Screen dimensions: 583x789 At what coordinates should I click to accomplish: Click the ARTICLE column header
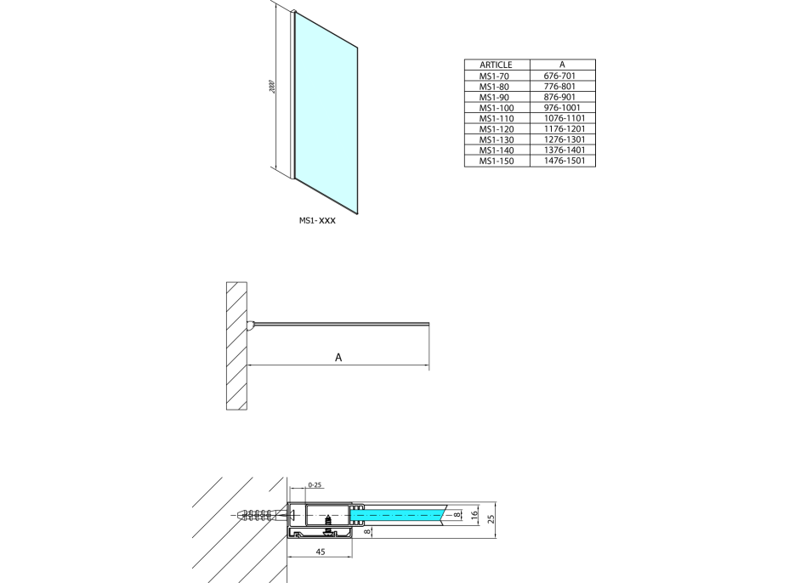[496, 65]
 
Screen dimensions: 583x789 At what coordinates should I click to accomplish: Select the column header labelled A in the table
[562, 65]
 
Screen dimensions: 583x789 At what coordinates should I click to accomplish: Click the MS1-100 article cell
[496, 108]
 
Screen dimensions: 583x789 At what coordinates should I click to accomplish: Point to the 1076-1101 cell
[562, 118]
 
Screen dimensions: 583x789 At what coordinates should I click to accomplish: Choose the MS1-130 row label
[496, 139]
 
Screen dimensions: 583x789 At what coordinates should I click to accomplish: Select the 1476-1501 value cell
[562, 161]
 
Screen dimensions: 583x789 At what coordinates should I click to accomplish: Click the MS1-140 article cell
[496, 150]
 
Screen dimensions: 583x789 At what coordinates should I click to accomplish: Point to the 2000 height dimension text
[271, 88]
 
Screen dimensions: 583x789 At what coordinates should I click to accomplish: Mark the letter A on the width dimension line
[338, 357]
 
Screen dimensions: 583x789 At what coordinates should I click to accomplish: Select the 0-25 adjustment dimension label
[315, 485]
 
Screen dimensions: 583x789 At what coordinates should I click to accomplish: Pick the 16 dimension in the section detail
[475, 513]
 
